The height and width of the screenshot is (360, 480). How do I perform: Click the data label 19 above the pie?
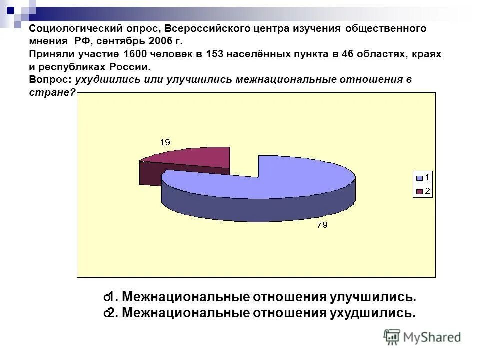coord(165,143)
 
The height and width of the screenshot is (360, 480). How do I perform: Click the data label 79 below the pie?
coord(322,225)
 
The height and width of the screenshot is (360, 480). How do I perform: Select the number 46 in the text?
coord(348,54)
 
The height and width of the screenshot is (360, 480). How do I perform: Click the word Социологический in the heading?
coord(70,28)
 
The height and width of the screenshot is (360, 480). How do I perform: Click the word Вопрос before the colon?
coord(49,79)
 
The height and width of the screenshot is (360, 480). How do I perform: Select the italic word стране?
coord(50,92)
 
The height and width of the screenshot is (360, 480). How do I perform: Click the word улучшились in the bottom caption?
coord(371,297)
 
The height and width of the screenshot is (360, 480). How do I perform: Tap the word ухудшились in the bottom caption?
coord(371,313)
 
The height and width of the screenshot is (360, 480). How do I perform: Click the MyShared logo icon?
coord(392,337)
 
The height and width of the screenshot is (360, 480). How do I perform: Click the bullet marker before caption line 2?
coord(107,314)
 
